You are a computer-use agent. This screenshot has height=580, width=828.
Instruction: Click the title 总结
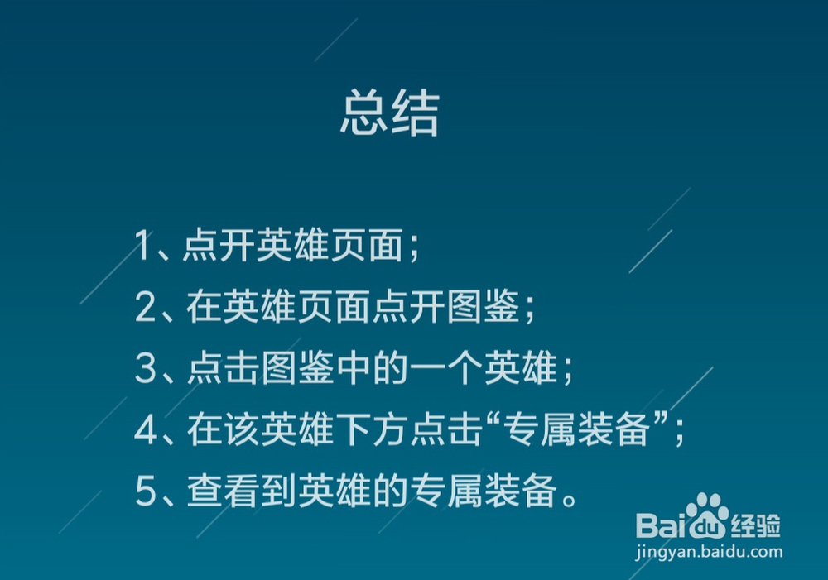pos(389,116)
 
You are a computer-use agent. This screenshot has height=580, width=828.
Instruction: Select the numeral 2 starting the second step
pos(146,308)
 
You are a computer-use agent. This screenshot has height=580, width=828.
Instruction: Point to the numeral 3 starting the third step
pos(146,370)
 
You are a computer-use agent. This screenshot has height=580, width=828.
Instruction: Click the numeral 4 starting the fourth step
pos(146,432)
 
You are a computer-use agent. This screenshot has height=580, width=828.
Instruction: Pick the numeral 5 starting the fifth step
pos(146,494)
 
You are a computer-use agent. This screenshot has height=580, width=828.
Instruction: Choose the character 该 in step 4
pos(241,432)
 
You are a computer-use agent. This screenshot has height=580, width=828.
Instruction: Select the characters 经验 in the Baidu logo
pos(756,524)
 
